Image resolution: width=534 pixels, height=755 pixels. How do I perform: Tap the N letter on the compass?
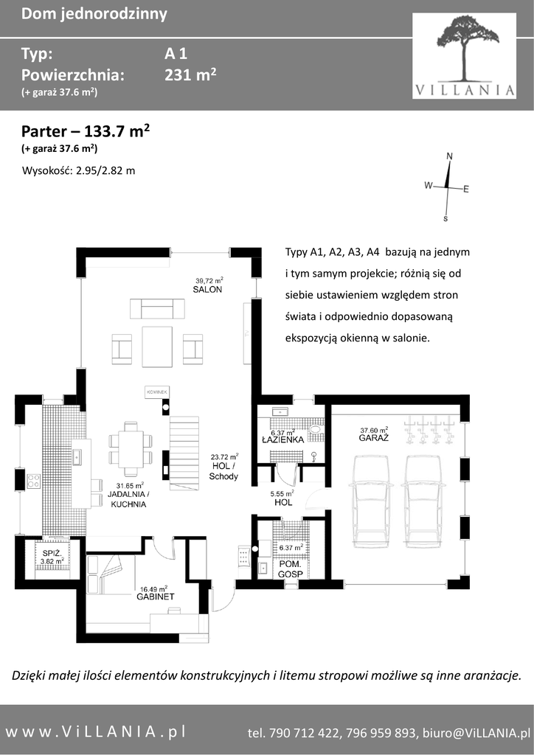point(450,156)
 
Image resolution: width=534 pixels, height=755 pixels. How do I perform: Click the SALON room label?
point(207,289)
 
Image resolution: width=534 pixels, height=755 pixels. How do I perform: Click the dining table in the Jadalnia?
point(131,449)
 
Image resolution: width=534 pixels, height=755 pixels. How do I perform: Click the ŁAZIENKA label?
point(282,439)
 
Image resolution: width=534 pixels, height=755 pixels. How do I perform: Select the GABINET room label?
point(156,596)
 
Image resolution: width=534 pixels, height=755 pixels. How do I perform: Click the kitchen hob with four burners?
point(34,480)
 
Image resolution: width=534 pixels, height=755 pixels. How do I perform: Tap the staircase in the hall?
point(184,452)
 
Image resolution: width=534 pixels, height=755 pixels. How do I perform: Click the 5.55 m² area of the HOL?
point(282,493)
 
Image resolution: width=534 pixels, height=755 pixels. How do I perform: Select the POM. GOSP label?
point(291,568)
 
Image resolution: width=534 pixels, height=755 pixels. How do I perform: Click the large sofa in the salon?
point(157,308)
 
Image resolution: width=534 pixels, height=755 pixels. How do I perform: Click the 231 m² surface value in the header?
point(190,74)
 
